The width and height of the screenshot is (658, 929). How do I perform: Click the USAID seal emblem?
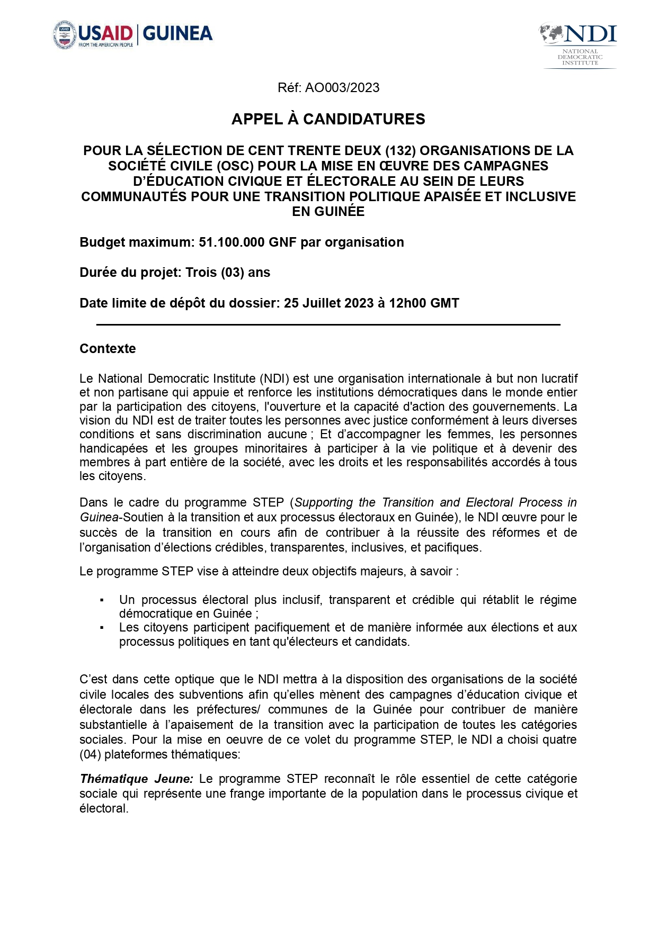64,35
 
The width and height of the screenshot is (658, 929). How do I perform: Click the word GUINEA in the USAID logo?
177,33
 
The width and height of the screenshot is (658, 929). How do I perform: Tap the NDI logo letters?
590,34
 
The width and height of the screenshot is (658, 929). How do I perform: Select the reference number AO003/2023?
342,88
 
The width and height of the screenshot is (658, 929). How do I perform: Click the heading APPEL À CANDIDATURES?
328,119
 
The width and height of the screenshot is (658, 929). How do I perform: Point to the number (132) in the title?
401,151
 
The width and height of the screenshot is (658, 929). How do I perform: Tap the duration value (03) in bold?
233,273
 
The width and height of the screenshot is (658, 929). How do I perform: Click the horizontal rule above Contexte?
328,324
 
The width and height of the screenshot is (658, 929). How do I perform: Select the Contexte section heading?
108,349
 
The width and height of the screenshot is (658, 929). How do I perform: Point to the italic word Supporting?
324,502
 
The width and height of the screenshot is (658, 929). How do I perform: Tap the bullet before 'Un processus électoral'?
102,600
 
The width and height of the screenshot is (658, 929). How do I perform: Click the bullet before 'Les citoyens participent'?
102,628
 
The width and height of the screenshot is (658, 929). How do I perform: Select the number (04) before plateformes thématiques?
90,754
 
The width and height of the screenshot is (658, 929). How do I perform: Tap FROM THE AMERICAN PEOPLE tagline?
106,46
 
